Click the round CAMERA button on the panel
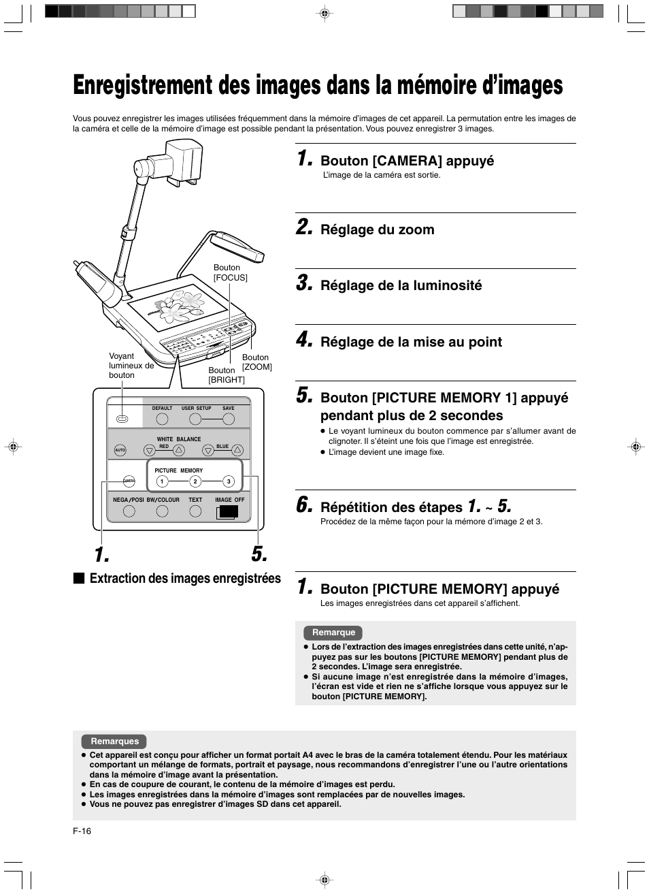[129, 481]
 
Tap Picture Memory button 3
[229, 481]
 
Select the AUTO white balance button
[120, 450]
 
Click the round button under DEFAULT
[162, 419]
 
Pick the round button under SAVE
[228, 419]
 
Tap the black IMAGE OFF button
[228, 511]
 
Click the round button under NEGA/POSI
[129, 511]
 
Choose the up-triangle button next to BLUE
[237, 449]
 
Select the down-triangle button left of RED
[149, 450]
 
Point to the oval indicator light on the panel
[122, 419]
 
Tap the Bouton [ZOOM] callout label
[256, 362]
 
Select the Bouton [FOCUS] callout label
[230, 272]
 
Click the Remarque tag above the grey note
[333, 633]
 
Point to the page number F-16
[82, 831]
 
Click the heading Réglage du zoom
[377, 229]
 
